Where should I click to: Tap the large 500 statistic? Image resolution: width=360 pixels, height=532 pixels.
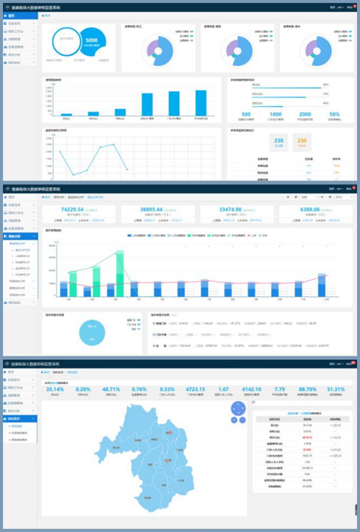tap(246, 114)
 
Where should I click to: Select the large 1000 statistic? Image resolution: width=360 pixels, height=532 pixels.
tap(275, 114)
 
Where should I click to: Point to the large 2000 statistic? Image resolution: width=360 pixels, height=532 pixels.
tap(305, 114)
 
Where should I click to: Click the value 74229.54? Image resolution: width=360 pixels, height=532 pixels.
tap(76, 209)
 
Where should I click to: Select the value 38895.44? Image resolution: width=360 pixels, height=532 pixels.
tap(157, 209)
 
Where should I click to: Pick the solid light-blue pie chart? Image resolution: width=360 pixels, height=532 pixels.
tap(92, 328)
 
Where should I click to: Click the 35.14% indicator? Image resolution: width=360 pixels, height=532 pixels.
tap(59, 389)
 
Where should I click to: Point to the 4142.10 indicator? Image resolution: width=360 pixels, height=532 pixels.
tap(253, 389)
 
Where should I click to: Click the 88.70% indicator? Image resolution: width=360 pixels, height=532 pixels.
tap(308, 389)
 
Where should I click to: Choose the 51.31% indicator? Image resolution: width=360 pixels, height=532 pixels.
tap(336, 389)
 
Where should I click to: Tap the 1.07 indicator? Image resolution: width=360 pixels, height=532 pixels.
tap(224, 389)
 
